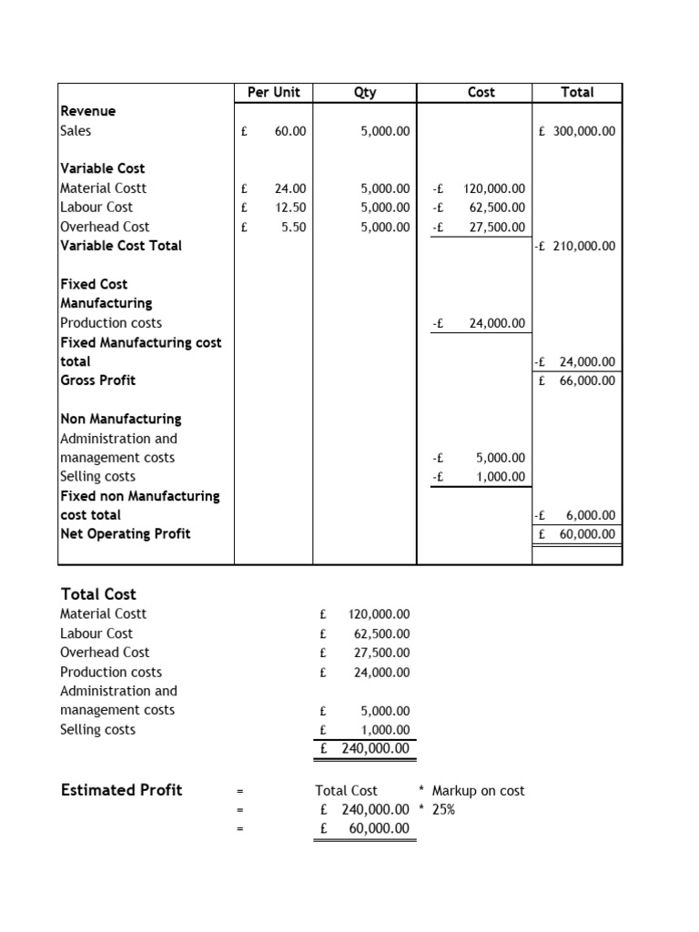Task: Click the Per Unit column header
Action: click(273, 92)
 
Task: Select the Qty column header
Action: click(365, 92)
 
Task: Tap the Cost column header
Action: click(481, 92)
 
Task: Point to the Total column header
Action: click(577, 92)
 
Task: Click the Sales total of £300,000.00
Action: click(577, 131)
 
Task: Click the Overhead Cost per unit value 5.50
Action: click(293, 227)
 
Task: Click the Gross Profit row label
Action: click(97, 380)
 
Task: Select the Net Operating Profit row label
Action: click(125, 534)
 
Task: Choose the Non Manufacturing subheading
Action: click(120, 420)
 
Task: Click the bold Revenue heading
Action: click(87, 111)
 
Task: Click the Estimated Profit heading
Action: click(120, 790)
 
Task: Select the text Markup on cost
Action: click(478, 791)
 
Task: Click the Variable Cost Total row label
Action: click(120, 246)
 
